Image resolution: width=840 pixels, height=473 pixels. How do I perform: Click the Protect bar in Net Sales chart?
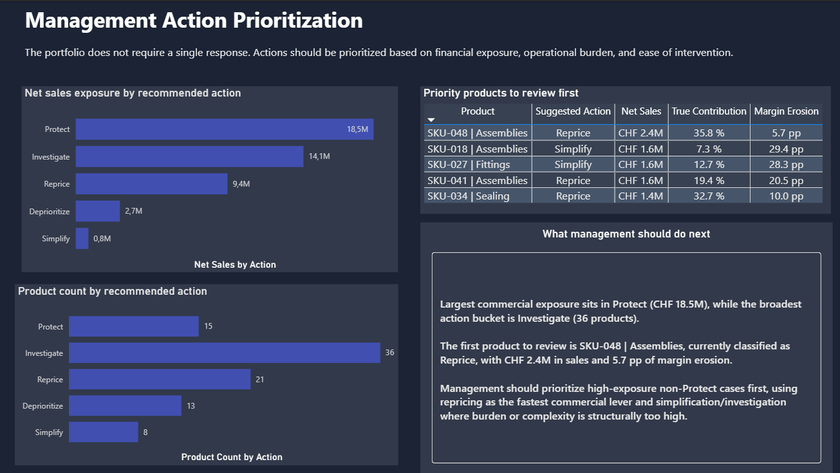coord(224,129)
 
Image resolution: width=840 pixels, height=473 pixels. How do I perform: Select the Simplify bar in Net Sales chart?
coord(82,239)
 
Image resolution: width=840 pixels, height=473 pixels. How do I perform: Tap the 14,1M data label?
coord(319,156)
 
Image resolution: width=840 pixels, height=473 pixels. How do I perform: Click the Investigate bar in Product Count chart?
coord(224,353)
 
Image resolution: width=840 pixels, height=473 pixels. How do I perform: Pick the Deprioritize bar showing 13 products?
coord(125,405)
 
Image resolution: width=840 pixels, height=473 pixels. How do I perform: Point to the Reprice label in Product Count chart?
coord(50,380)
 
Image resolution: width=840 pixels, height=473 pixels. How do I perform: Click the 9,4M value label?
coord(241,184)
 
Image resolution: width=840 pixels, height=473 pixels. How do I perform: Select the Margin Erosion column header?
coord(786,111)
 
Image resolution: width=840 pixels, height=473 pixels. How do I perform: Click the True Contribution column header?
coord(709,111)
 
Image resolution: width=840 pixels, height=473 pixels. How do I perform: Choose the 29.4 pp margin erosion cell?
coord(786,149)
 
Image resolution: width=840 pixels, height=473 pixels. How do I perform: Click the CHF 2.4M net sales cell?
coord(640,133)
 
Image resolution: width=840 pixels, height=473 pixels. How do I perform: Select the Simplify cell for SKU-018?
coord(573,149)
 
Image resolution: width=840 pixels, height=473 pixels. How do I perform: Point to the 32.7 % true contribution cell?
coord(709,196)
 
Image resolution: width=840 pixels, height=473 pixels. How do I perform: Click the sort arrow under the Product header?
coord(431,120)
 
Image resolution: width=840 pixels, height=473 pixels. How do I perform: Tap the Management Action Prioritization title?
coord(194,21)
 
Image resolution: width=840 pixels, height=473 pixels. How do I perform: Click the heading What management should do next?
coord(626,234)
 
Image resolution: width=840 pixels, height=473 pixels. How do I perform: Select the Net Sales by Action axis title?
coord(234,264)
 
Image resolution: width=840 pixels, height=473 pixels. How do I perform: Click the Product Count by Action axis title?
coord(232,457)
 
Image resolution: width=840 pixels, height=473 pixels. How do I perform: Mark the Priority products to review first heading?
coord(501,93)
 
